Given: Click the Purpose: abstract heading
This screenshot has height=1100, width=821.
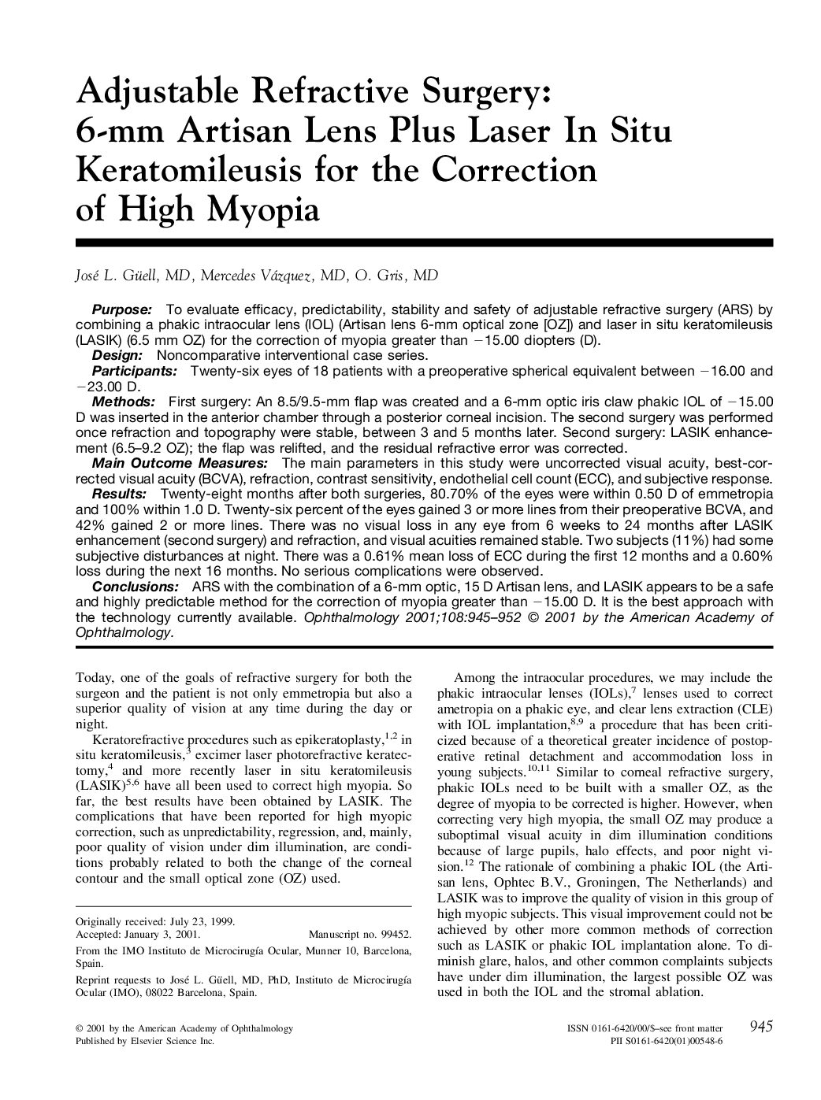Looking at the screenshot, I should point(122,309).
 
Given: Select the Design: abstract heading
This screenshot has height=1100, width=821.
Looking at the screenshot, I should point(117,356).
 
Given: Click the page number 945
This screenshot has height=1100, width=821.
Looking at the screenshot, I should point(761,1026).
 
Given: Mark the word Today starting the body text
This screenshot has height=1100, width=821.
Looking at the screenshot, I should point(91,677).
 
